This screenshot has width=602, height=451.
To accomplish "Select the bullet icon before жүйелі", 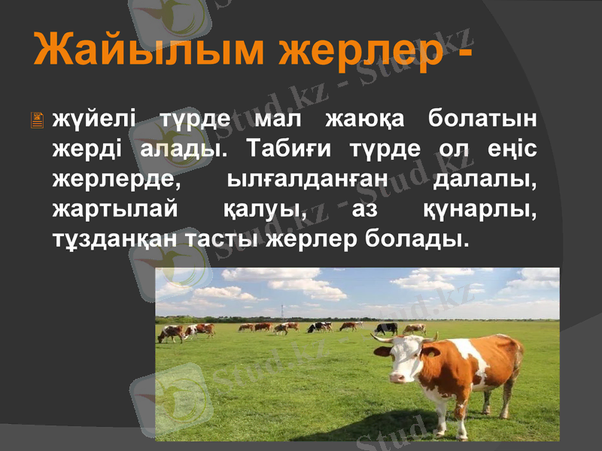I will coord(38,120).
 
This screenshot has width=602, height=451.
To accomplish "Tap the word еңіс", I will coord(511,148).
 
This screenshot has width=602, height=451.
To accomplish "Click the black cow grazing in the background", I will coord(386,328).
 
